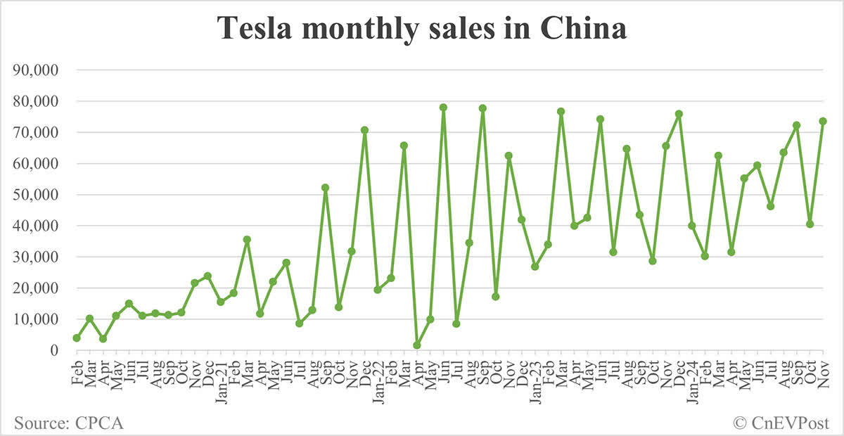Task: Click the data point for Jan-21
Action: tap(221, 302)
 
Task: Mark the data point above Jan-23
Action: tap(535, 267)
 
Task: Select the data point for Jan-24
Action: tap(692, 226)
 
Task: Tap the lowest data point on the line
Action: tap(417, 345)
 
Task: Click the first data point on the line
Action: tap(77, 338)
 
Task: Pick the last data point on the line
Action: tap(823, 121)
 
